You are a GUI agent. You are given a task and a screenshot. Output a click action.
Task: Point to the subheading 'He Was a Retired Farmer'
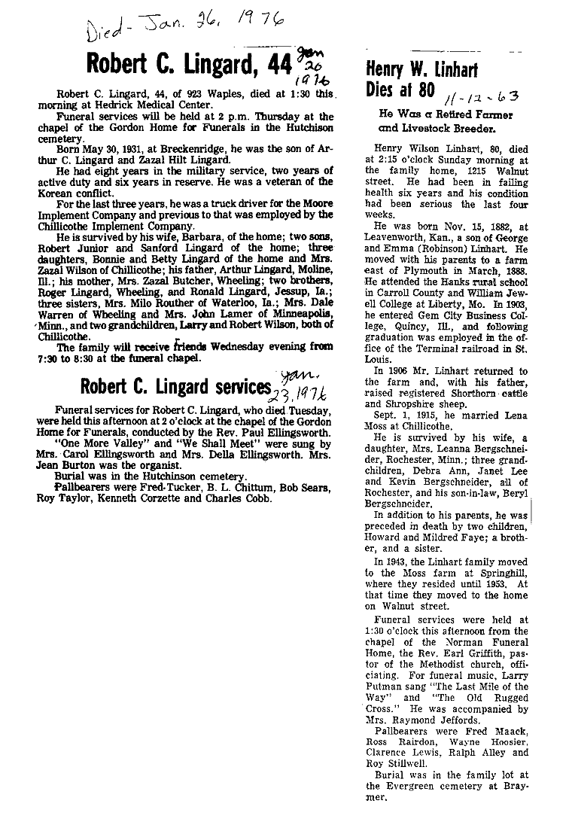point(447,115)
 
